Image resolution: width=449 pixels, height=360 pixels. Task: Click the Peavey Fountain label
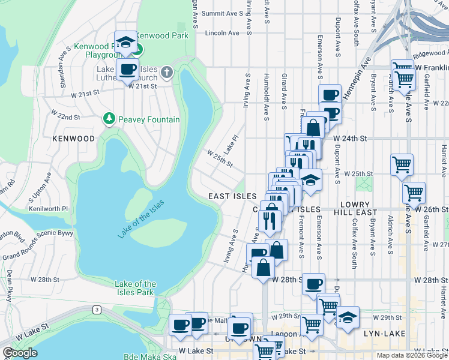pos(148,119)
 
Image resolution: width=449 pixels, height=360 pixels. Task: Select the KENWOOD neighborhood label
pos(74,139)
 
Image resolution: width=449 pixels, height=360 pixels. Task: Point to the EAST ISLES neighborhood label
pos(232,197)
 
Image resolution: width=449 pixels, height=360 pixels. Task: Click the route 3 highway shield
pos(96,310)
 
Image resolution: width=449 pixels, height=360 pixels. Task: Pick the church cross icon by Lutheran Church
pos(167,73)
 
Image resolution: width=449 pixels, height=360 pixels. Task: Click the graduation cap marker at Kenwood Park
pos(126,43)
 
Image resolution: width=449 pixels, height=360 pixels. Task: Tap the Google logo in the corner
pos(19,353)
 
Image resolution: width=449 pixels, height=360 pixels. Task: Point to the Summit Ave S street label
pos(220,13)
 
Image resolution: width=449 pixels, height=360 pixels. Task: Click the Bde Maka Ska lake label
pos(147,356)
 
